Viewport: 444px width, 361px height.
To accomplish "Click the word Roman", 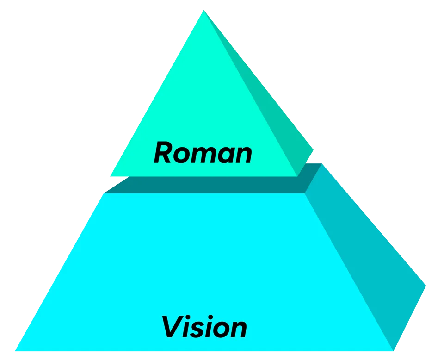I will click(203, 153).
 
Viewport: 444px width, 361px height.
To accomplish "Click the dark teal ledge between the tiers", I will click(208, 185).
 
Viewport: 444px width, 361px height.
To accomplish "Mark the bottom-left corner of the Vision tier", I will click(16, 350).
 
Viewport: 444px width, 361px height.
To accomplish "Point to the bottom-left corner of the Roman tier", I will click(111, 176).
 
